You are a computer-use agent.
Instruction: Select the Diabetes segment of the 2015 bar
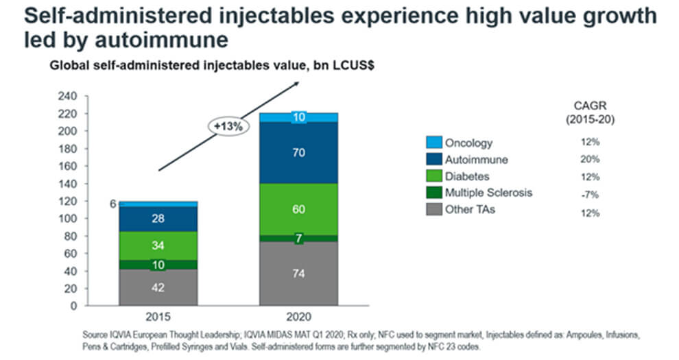(158, 245)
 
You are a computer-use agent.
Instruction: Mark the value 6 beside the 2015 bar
(112, 204)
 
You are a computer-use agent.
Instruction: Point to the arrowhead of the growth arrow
(297, 82)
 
